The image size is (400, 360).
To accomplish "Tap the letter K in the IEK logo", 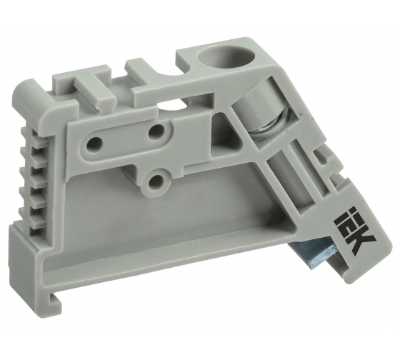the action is (x=361, y=241).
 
